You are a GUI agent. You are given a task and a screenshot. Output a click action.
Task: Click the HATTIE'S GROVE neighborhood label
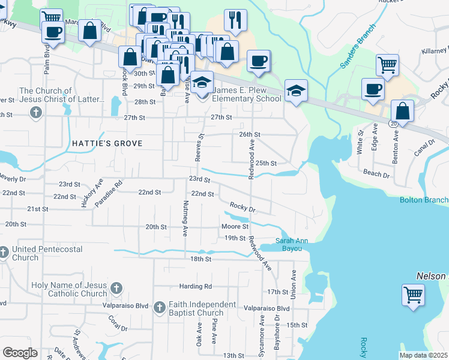107,144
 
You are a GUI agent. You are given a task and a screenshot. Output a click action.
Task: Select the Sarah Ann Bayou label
292,244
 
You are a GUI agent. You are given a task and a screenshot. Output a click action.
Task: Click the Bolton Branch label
424,200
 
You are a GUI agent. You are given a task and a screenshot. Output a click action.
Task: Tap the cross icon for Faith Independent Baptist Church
159,308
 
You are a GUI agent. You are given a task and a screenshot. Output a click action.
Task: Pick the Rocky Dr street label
243,208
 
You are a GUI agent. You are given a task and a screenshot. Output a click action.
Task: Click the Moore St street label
235,227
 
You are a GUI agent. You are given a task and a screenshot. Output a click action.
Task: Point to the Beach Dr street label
377,173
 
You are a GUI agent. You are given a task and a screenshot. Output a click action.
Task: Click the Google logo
20,353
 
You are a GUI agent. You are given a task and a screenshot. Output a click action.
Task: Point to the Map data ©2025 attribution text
423,355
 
